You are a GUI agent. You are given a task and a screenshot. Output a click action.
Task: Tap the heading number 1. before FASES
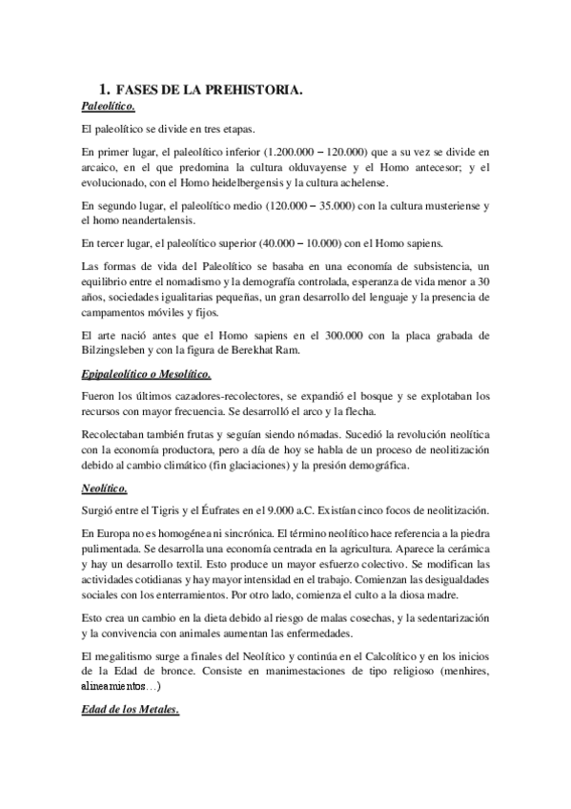point(106,90)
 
